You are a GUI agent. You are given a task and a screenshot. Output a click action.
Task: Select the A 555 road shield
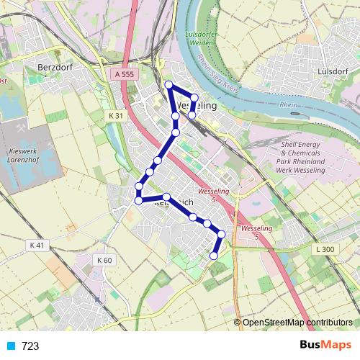[124, 74]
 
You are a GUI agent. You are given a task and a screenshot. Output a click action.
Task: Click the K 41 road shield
[37, 246]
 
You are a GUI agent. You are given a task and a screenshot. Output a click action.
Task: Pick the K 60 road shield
[104, 259]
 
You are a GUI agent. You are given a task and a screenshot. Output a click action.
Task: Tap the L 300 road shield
[325, 249]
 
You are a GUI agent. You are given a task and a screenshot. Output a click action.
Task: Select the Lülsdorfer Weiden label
[202, 39]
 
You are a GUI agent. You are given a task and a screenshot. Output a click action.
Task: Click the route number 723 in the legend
[30, 346]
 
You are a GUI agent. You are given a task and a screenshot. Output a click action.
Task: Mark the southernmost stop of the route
[213, 256]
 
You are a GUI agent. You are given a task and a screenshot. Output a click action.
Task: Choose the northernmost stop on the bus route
[169, 86]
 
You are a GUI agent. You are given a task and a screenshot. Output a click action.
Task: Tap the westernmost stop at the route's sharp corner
[138, 200]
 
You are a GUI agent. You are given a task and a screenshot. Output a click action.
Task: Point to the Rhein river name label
[288, 105]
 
